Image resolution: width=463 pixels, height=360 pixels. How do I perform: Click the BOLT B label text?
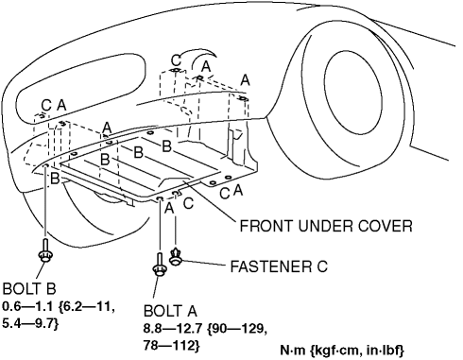pos(29,288)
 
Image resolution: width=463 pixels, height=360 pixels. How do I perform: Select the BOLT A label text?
pos(170,311)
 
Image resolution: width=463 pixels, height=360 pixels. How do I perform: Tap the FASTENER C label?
pos(279,266)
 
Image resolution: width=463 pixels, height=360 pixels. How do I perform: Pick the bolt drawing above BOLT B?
pos(45,250)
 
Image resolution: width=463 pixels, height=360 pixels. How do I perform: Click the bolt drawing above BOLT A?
pos(160,265)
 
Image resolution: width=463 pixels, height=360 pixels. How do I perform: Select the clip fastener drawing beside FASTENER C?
pos(176,257)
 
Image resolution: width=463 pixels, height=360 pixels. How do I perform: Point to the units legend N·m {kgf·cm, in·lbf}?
pos(342,351)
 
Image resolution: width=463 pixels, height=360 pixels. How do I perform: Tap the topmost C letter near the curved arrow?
pos(177,60)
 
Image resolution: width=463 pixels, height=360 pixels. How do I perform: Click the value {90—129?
pos(237,329)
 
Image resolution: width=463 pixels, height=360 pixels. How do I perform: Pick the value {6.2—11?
pos(87,306)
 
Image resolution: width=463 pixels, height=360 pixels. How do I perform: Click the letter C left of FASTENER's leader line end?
pos(188,203)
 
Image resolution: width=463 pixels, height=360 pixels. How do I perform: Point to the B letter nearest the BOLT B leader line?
pos(55,179)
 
